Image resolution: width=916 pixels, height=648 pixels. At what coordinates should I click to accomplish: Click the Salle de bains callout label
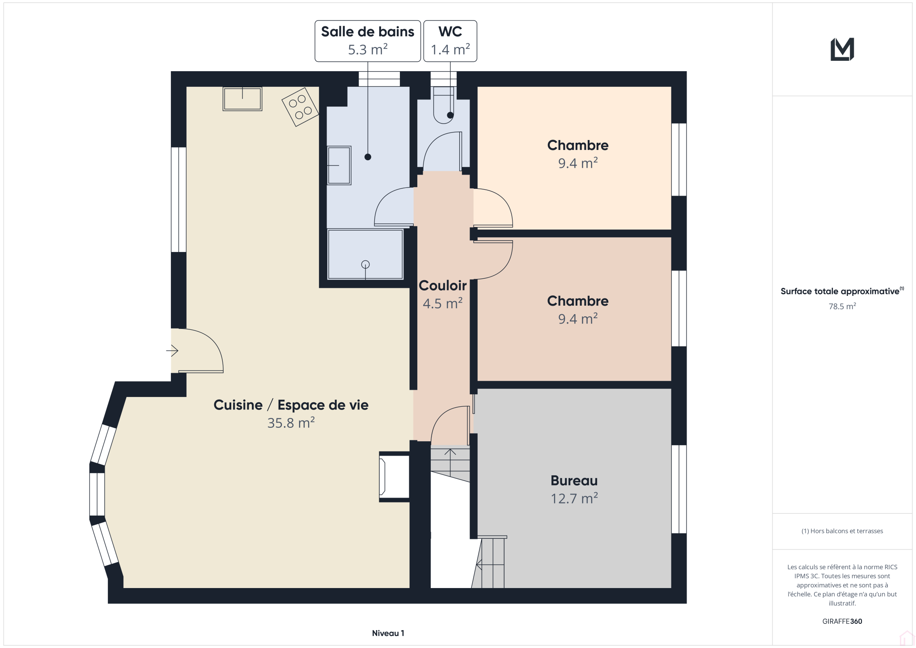point(368,41)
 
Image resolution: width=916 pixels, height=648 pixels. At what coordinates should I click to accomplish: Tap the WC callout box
point(450,41)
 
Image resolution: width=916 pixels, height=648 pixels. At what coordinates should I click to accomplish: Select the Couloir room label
point(442,286)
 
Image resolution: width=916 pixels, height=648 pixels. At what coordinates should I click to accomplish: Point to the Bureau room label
point(574,481)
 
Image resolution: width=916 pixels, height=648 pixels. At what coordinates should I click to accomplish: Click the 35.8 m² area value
point(291,422)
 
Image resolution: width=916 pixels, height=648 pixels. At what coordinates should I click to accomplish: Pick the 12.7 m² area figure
point(574,498)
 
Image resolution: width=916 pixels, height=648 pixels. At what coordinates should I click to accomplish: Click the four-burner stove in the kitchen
point(300,107)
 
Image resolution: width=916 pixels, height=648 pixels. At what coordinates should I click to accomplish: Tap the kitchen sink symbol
point(242,99)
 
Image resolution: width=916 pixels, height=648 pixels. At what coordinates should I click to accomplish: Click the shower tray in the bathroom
point(365,254)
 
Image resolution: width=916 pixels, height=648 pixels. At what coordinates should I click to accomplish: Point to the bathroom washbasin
point(339,165)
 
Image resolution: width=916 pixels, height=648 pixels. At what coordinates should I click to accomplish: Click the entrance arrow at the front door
point(172,350)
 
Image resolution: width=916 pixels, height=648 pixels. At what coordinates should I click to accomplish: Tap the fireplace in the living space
point(394,477)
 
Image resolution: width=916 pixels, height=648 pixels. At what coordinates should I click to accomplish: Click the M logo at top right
point(842,49)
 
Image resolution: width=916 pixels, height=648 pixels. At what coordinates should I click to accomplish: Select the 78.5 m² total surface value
point(842,307)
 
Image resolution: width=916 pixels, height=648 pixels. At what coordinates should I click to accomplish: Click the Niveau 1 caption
point(388,633)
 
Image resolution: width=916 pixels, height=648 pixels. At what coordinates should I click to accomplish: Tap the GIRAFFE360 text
point(842,621)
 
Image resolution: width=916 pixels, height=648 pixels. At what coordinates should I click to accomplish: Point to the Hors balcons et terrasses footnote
point(842,531)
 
